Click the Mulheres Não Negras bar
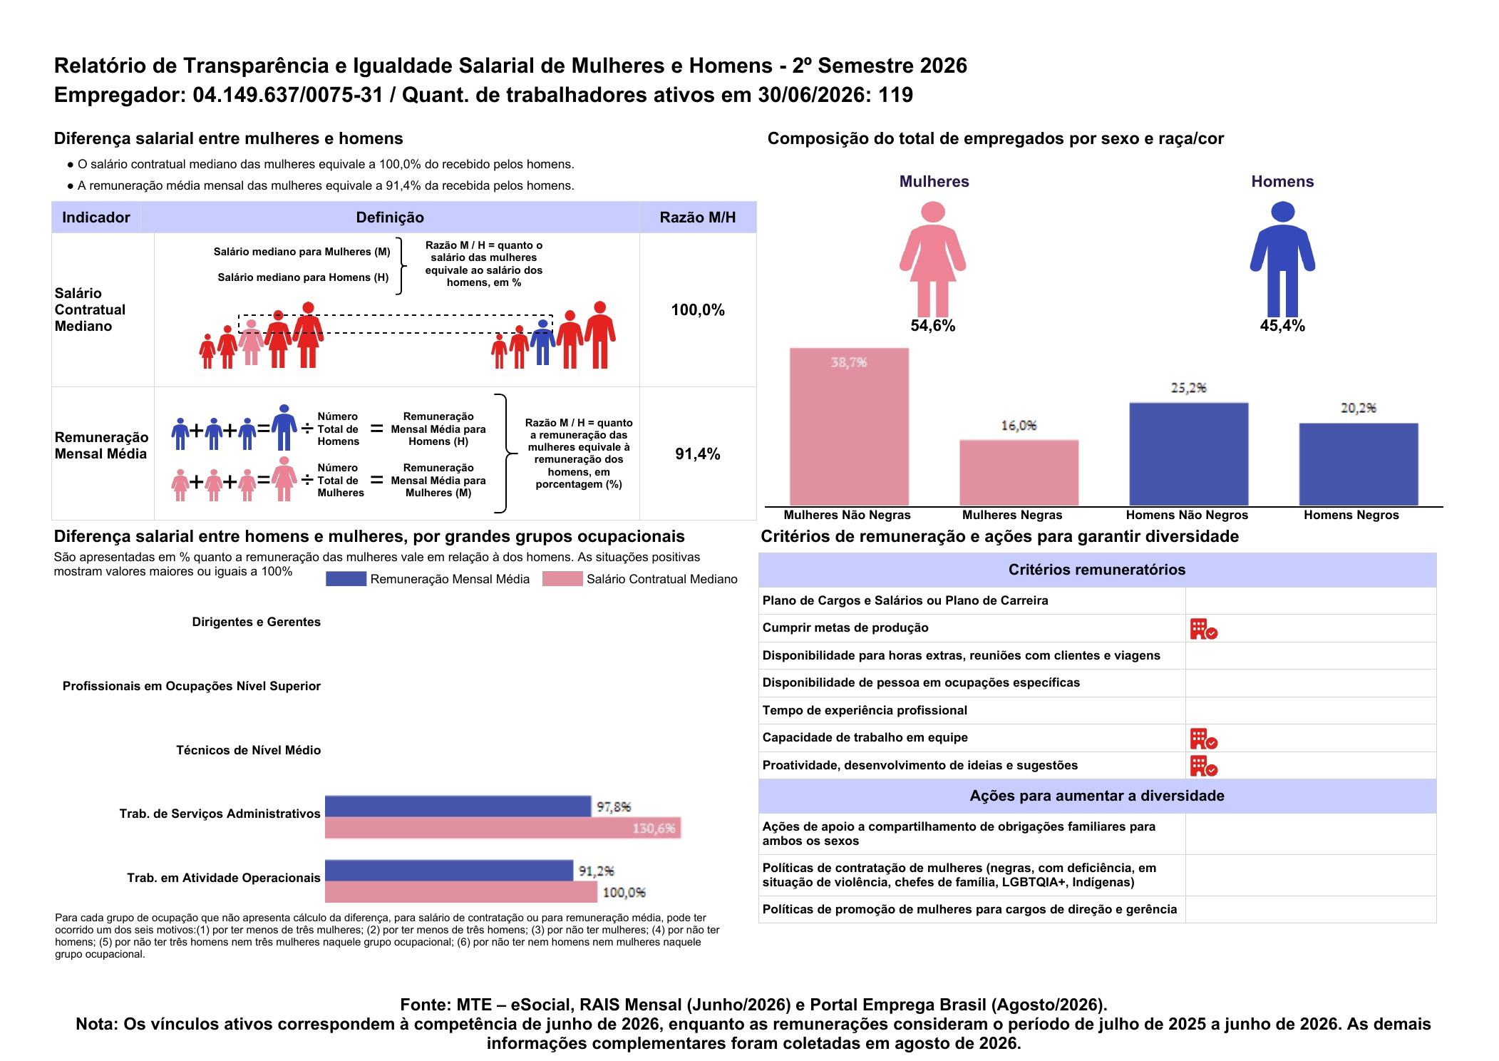click(849, 426)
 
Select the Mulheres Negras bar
click(1019, 473)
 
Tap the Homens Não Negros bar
click(1188, 454)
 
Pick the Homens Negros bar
click(1358, 464)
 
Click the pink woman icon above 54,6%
click(932, 259)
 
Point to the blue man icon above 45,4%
click(1282, 259)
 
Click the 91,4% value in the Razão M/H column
click(698, 454)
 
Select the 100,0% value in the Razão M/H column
click(698, 310)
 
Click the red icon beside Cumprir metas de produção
click(1203, 629)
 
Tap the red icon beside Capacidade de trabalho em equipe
click(1203, 739)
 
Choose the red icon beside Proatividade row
click(1203, 766)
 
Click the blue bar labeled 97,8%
click(458, 806)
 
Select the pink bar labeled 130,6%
click(503, 828)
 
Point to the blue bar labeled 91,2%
click(449, 871)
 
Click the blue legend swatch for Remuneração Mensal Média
click(346, 579)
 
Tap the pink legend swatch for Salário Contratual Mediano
click(562, 579)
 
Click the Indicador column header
click(96, 217)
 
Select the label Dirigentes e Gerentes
click(257, 622)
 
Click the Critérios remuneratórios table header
click(1097, 570)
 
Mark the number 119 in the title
click(895, 95)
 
